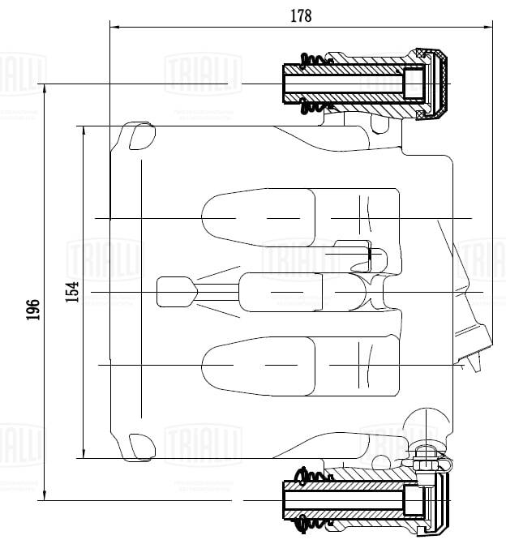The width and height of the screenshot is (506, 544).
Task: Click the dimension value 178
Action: point(300,15)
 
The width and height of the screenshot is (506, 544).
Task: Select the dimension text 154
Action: point(72,291)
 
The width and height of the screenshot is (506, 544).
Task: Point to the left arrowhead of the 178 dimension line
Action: point(114,27)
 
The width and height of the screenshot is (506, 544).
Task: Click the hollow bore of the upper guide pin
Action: point(341,84)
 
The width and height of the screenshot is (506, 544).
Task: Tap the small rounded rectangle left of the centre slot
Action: point(175,291)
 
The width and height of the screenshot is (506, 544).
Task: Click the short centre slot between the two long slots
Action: point(280,291)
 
